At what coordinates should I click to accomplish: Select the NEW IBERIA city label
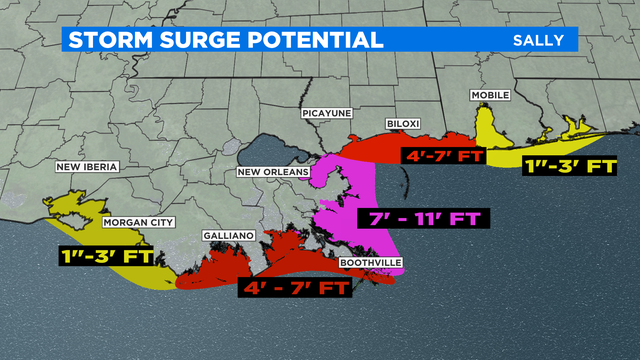coord(87,167)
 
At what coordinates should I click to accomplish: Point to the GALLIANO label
coord(229,235)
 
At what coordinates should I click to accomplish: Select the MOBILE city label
coord(490,95)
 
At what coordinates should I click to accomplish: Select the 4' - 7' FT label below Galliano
coord(294,288)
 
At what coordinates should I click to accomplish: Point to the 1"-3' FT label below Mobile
coord(570,166)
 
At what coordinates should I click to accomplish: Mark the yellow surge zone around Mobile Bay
coord(489,130)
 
